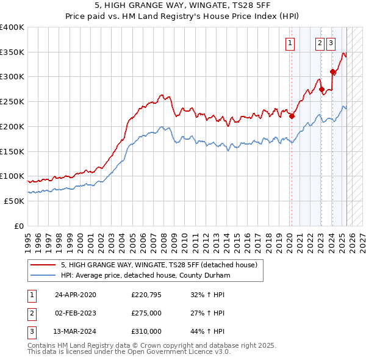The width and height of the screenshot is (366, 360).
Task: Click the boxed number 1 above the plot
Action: (290, 43)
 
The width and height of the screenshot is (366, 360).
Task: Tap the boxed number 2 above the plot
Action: (320, 43)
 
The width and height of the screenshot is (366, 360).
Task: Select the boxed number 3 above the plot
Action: (330, 43)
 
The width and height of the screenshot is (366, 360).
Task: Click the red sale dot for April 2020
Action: (292, 116)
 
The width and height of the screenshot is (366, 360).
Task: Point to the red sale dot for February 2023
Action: (321, 89)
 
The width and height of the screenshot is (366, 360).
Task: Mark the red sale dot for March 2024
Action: (332, 71)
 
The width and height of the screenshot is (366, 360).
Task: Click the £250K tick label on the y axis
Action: (12, 101)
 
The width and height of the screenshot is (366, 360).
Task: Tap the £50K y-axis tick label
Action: (14, 201)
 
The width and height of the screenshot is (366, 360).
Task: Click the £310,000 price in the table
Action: (146, 331)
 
